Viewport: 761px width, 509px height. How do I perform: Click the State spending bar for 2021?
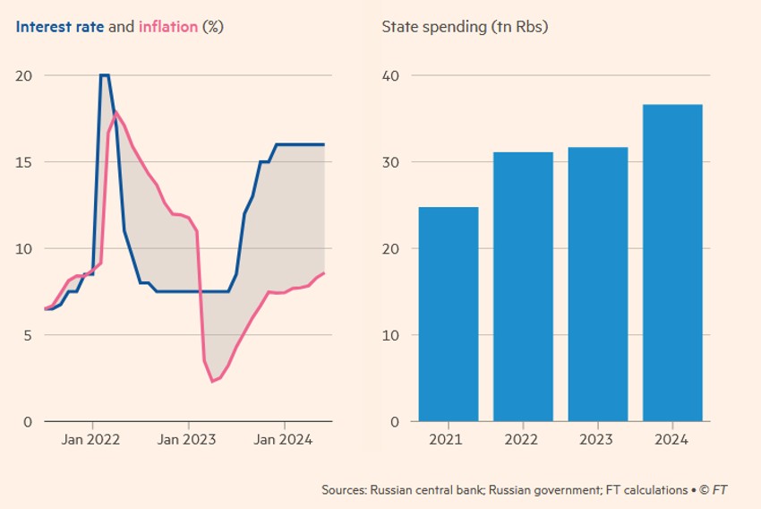click(x=449, y=315)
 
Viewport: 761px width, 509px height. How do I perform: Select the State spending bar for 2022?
click(x=523, y=287)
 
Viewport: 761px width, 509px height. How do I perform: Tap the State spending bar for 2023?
click(x=598, y=284)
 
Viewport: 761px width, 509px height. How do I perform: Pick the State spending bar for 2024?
click(x=672, y=263)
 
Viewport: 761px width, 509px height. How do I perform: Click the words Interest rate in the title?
click(x=59, y=27)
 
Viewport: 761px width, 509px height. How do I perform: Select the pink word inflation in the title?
click(x=167, y=27)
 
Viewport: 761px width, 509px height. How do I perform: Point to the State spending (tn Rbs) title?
click(x=465, y=27)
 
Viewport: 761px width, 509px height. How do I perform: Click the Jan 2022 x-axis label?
click(x=92, y=441)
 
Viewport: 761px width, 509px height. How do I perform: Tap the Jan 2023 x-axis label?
click(x=189, y=441)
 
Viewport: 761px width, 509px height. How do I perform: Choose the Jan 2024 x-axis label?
click(x=285, y=441)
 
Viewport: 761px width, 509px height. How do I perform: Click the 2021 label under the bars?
click(x=449, y=441)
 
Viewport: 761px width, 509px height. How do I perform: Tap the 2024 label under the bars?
click(x=672, y=441)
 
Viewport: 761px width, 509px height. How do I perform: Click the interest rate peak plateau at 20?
click(x=105, y=75)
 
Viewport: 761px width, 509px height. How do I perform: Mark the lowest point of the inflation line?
click(x=213, y=382)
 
